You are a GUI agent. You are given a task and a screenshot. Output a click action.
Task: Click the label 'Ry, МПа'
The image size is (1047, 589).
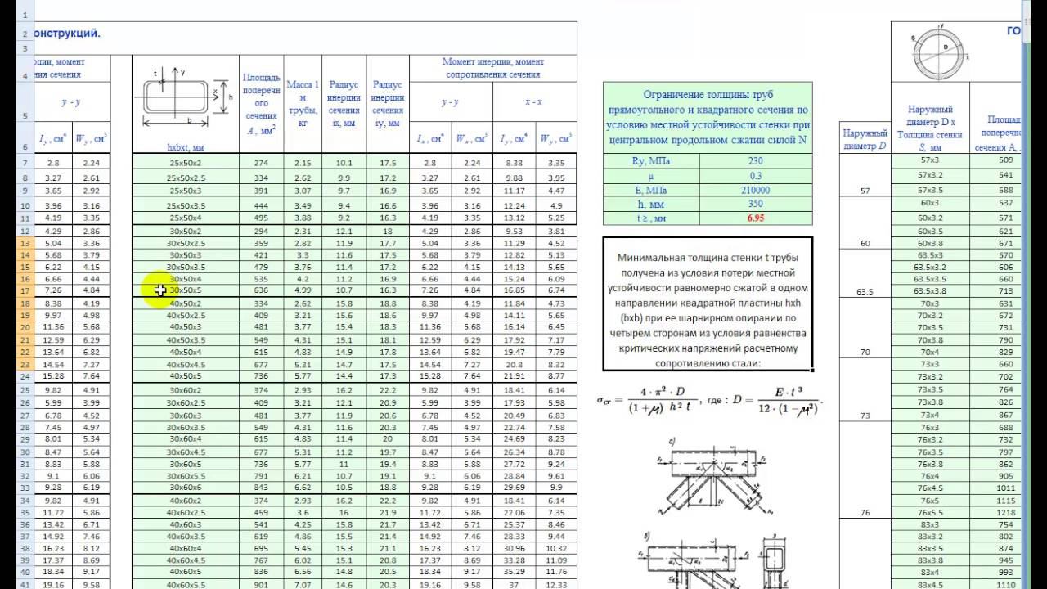click(651, 161)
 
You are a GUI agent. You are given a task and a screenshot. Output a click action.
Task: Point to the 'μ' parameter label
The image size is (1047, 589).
click(651, 176)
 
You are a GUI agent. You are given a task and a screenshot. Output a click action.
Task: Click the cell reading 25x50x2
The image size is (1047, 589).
click(185, 163)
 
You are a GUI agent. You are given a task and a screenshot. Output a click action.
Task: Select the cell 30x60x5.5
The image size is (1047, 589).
click(185, 475)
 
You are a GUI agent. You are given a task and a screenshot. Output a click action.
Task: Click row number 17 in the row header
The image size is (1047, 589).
click(24, 290)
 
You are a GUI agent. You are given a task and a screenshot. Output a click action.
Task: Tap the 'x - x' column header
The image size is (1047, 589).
click(534, 102)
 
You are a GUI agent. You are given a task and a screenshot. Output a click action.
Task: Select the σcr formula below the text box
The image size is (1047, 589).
click(709, 402)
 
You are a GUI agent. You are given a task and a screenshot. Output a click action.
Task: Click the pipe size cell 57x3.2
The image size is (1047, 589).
click(929, 175)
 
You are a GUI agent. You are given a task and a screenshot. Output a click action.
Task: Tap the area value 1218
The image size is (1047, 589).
click(1006, 512)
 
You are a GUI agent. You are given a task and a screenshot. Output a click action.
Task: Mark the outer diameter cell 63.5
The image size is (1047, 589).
click(865, 290)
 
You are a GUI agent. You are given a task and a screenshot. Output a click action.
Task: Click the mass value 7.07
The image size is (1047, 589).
click(303, 585)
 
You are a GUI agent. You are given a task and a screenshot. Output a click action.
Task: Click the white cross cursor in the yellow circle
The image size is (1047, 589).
click(160, 290)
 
